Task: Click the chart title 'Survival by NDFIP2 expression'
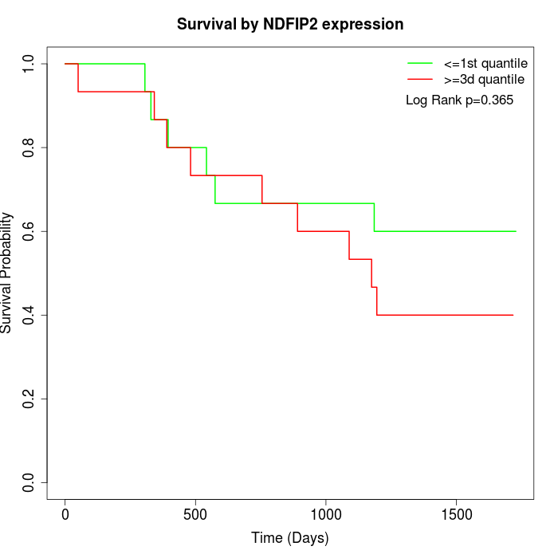(x=290, y=24)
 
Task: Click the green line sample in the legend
(x=420, y=63)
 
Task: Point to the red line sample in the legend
(x=420, y=79)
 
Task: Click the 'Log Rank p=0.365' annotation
(x=459, y=100)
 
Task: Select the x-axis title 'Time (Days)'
(x=290, y=538)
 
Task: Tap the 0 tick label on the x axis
(x=65, y=511)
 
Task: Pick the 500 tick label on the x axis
(x=195, y=511)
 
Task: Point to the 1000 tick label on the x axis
(x=326, y=511)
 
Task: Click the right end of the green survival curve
(x=516, y=231)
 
